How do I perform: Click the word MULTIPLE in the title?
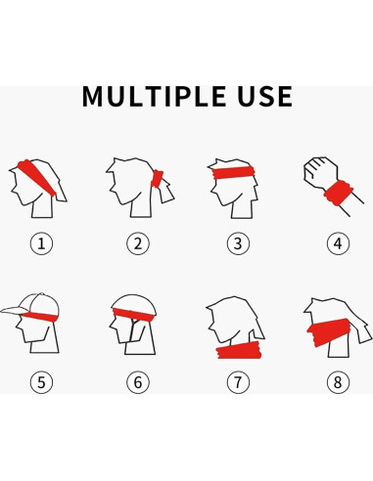coord(157,96)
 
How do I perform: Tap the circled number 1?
coord(40,243)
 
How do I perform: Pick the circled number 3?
coord(237,243)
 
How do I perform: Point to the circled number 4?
coord(337,243)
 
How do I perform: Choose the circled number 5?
coord(40,382)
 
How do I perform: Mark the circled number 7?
coord(237,382)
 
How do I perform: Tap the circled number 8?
coord(337,382)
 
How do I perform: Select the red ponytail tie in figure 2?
coord(157,181)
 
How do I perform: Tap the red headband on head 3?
coord(235,174)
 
